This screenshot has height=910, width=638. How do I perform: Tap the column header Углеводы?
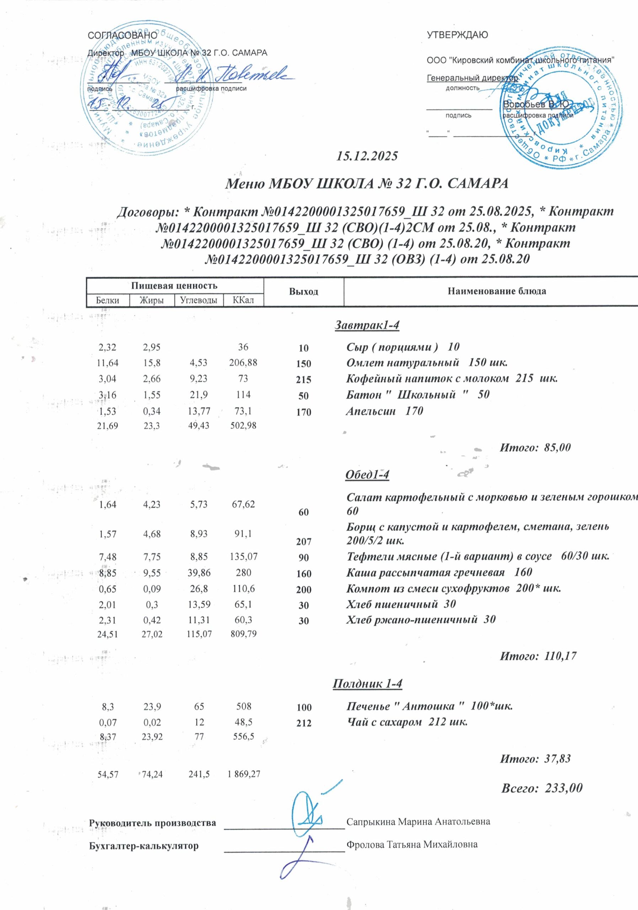coord(199,300)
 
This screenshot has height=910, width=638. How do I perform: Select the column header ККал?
coord(243,300)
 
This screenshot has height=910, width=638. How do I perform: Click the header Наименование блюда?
coord(497,292)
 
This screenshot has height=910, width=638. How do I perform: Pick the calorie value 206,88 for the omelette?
coord(243,363)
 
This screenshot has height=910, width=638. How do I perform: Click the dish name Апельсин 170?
coord(384,411)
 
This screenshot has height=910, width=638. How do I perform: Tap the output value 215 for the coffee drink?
coord(304,379)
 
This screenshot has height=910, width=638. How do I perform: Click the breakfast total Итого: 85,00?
coord(535,448)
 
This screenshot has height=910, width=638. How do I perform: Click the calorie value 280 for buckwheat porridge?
coord(243,572)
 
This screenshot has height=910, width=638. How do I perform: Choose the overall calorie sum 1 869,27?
coord(243,773)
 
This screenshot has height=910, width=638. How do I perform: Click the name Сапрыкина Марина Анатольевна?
coord(418,821)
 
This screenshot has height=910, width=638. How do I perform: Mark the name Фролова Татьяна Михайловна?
coord(412,845)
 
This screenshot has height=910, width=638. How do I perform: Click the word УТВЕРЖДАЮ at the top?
coord(457,35)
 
